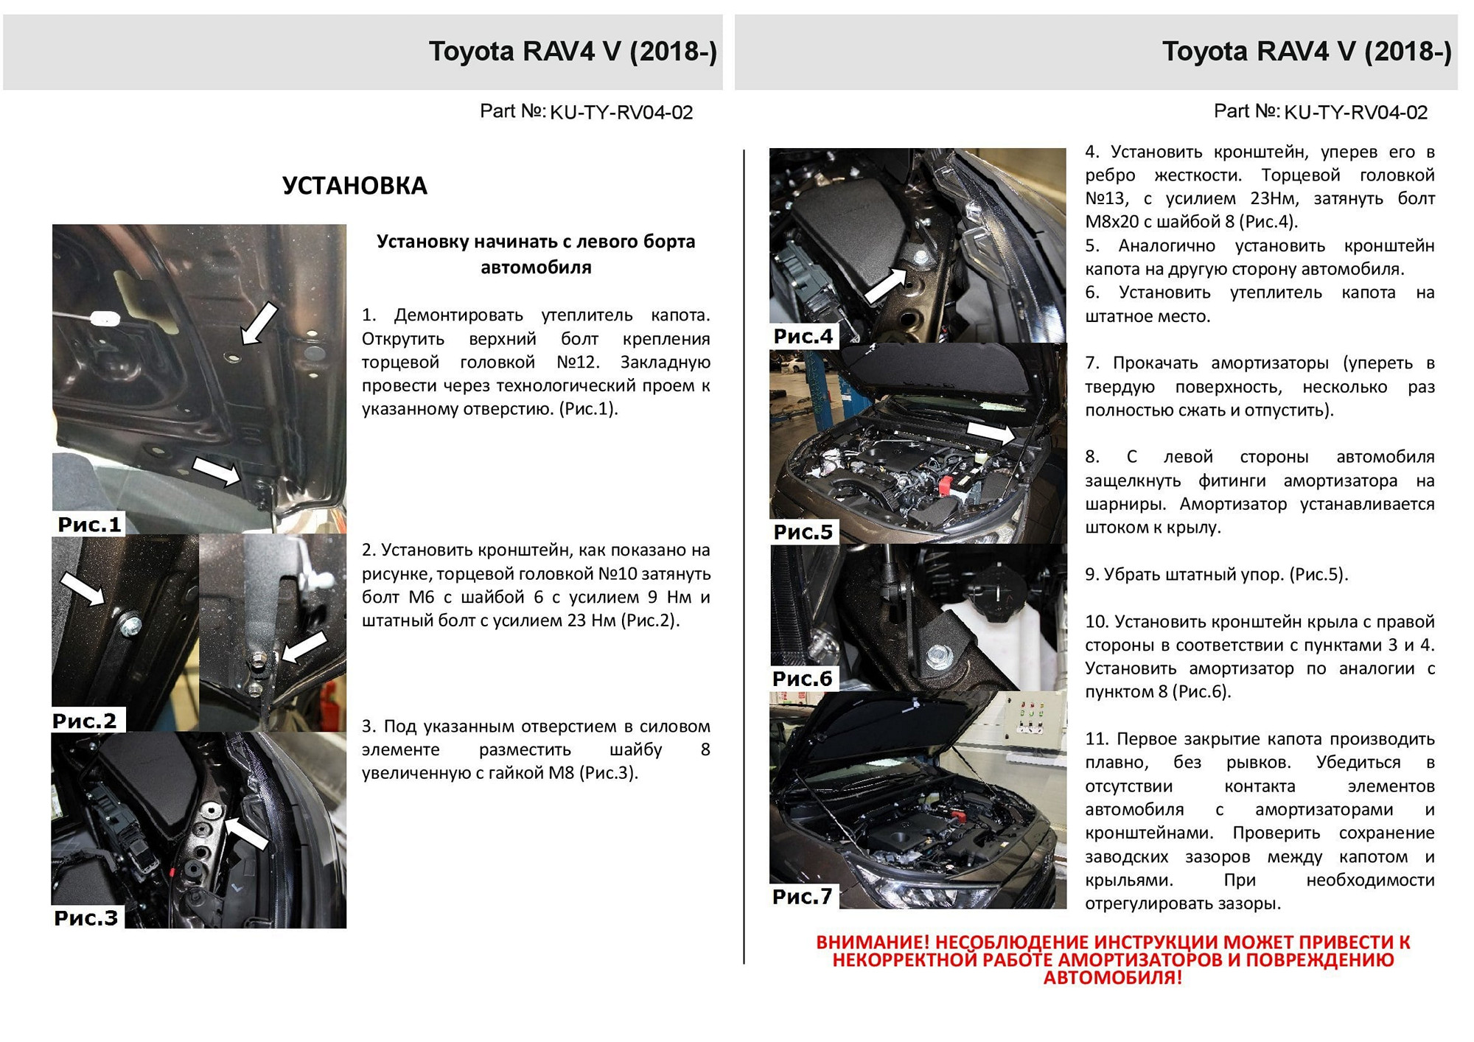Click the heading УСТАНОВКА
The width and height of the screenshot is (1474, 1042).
(x=354, y=186)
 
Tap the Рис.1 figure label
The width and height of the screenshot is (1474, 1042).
(x=89, y=525)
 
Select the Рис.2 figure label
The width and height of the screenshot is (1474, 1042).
(x=85, y=721)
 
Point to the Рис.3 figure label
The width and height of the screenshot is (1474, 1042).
(x=86, y=918)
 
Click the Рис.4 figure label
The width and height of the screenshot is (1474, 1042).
(x=803, y=337)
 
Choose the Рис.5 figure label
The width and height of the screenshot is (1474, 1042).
(x=803, y=532)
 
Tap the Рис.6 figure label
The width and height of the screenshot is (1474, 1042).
(x=803, y=679)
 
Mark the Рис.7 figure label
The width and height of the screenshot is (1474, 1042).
(x=803, y=897)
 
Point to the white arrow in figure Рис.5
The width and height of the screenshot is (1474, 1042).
(x=991, y=432)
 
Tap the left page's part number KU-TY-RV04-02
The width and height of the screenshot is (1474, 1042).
(x=621, y=113)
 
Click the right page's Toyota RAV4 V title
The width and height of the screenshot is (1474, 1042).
(x=1307, y=52)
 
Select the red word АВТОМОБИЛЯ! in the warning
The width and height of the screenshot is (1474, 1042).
(x=1112, y=978)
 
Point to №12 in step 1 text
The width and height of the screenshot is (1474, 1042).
(x=579, y=363)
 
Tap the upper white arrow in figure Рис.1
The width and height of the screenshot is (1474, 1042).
(x=259, y=322)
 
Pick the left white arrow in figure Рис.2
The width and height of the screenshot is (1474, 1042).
(x=82, y=589)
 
